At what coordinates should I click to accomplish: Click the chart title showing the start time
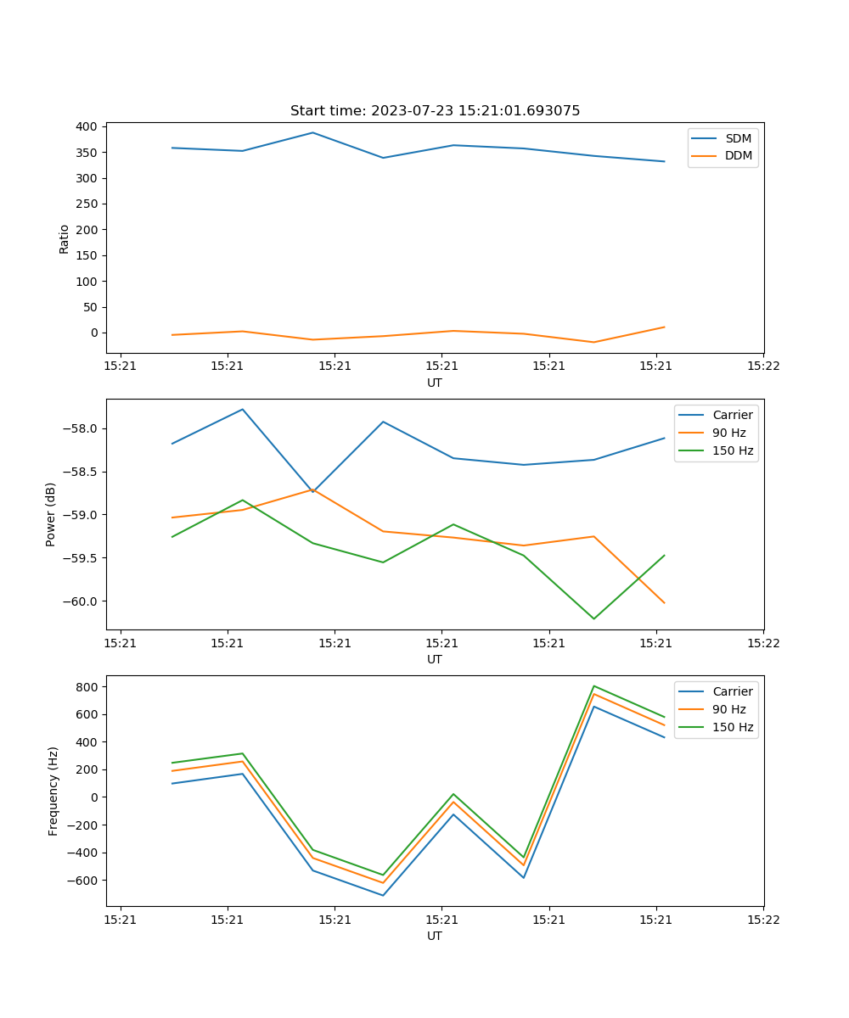pyautogui.click(x=435, y=111)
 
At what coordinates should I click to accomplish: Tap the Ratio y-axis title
pyautogui.click(x=65, y=239)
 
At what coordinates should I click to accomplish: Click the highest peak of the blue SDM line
pyautogui.click(x=312, y=132)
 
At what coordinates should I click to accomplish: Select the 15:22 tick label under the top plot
pyautogui.click(x=762, y=366)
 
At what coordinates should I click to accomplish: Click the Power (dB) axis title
pyautogui.click(x=51, y=514)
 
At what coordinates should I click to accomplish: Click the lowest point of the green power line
pyautogui.click(x=593, y=618)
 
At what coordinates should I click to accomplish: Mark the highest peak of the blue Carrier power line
pyautogui.click(x=243, y=409)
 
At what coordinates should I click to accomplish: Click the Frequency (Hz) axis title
pyautogui.click(x=53, y=791)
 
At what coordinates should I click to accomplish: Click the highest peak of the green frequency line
pyautogui.click(x=593, y=685)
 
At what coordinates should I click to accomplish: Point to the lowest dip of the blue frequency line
pyautogui.click(x=383, y=895)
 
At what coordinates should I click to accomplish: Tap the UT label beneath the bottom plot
pyautogui.click(x=435, y=936)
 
